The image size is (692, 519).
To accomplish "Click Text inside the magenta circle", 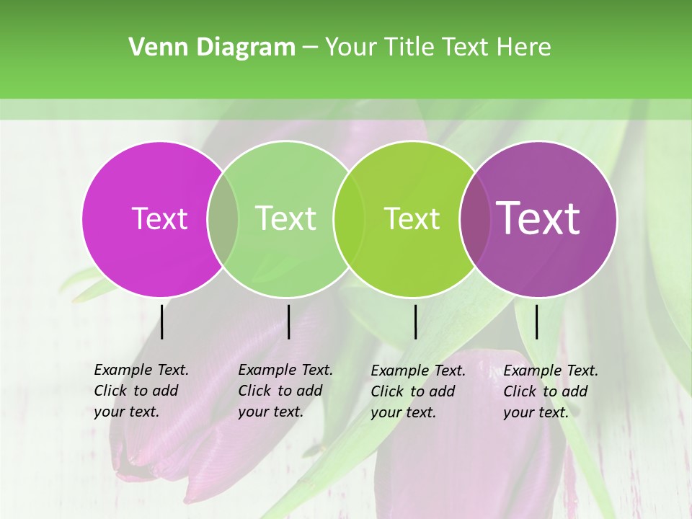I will click(159, 218).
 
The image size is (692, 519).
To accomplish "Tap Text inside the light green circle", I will click(285, 218).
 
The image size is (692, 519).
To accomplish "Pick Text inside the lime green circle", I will click(412, 218).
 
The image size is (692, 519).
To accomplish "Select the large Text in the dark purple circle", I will click(538, 218).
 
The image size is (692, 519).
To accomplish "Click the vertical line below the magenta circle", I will click(162, 321).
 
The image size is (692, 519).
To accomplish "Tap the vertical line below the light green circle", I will click(288, 321).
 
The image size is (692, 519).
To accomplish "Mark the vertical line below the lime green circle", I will click(415, 321).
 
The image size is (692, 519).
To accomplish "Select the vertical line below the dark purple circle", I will click(536, 321).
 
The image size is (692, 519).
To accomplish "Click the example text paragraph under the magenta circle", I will click(141, 391).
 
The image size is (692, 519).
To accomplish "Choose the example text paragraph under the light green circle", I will click(285, 391).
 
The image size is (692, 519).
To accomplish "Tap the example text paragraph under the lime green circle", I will click(417, 391).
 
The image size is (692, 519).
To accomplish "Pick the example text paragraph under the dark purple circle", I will click(550, 391).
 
